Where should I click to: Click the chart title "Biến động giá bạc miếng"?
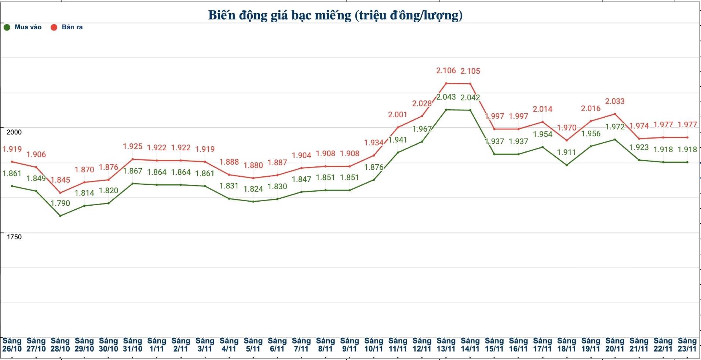click(x=335, y=15)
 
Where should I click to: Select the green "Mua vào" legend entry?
click(x=23, y=27)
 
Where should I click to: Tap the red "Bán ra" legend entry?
click(x=67, y=27)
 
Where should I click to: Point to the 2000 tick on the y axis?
click(x=14, y=132)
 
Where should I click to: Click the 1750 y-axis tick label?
click(x=14, y=237)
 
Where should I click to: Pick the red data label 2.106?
click(x=446, y=70)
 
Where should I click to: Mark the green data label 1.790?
click(x=60, y=203)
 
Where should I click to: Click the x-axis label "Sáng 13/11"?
click(x=446, y=345)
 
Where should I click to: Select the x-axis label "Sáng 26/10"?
click(x=12, y=345)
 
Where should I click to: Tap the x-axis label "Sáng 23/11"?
click(x=687, y=345)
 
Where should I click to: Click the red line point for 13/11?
click(x=446, y=83)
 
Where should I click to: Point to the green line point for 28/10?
click(x=60, y=216)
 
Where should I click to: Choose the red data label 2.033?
click(x=614, y=101)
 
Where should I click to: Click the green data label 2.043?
click(x=446, y=97)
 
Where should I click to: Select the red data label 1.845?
click(x=60, y=180)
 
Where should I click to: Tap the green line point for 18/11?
click(x=567, y=165)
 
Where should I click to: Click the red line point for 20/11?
click(x=615, y=114)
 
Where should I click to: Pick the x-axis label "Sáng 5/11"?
click(x=253, y=345)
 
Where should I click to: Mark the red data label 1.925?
click(x=132, y=147)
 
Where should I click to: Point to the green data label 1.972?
click(x=614, y=127)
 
